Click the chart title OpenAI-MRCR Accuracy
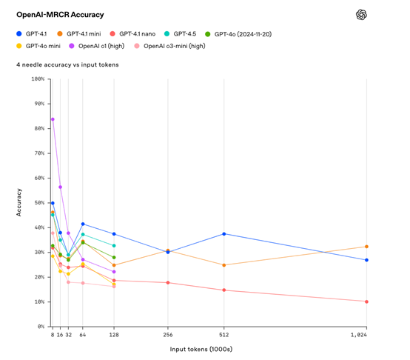click(x=60, y=14)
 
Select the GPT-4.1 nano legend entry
click(x=134, y=34)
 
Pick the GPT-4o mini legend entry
click(x=44, y=47)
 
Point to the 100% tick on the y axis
click(x=37, y=79)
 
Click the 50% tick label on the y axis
click(x=38, y=203)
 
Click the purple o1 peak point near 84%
click(x=53, y=119)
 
